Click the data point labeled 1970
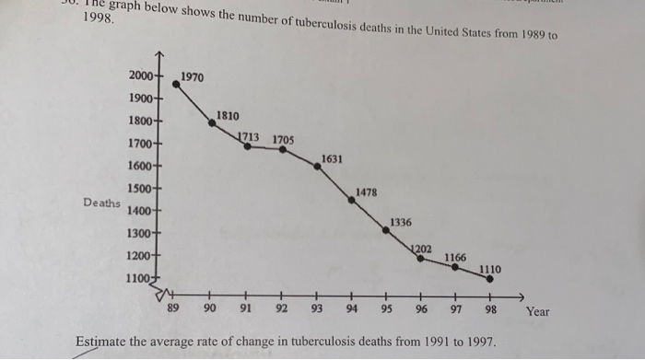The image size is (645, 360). click(x=176, y=84)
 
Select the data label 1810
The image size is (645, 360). click(x=228, y=116)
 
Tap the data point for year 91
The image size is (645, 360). click(x=247, y=145)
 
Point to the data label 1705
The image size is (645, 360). click(x=283, y=140)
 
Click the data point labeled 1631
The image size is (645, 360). click(x=316, y=168)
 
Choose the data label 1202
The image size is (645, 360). click(x=421, y=249)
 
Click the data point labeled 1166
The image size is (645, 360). click(x=455, y=267)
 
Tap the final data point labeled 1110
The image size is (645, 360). click(x=490, y=278)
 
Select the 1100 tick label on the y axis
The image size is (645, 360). click(x=140, y=276)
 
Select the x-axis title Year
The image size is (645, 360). click(x=537, y=311)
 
